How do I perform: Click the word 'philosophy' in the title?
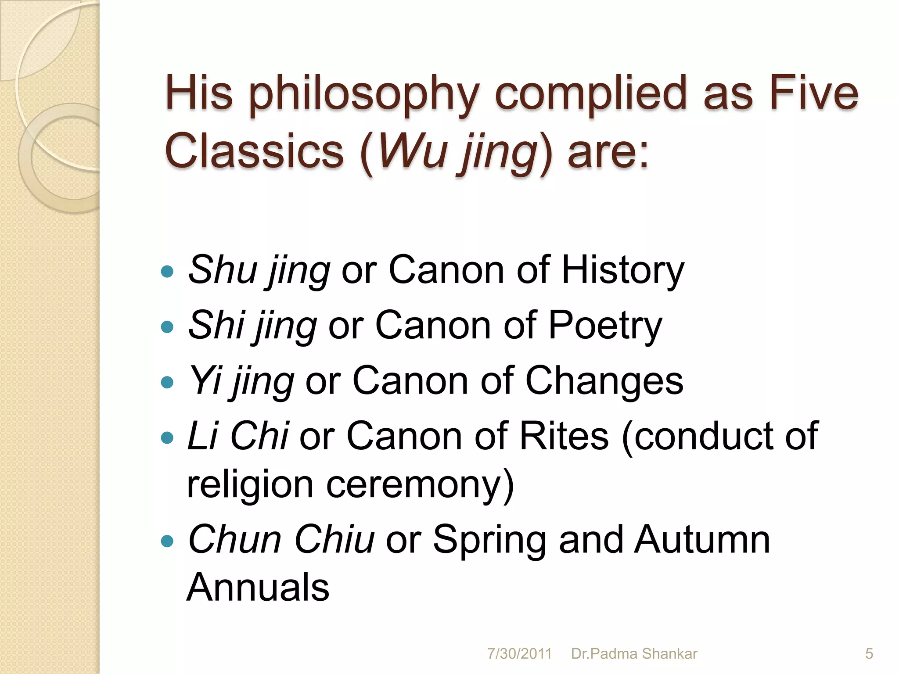[365, 94]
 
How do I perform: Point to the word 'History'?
[623, 270]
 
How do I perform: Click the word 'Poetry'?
[605, 326]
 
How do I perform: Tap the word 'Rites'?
[564, 436]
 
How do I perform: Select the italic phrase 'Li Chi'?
[237, 436]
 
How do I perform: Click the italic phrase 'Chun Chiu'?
[281, 539]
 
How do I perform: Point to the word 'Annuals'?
[258, 587]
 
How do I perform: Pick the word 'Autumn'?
[702, 539]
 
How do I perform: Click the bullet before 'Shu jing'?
[167, 272]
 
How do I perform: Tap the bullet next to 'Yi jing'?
[167, 382]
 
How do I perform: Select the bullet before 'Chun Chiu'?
[167, 541]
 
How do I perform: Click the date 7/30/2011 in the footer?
[519, 654]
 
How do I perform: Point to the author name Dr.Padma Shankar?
[634, 654]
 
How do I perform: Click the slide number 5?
[869, 654]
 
